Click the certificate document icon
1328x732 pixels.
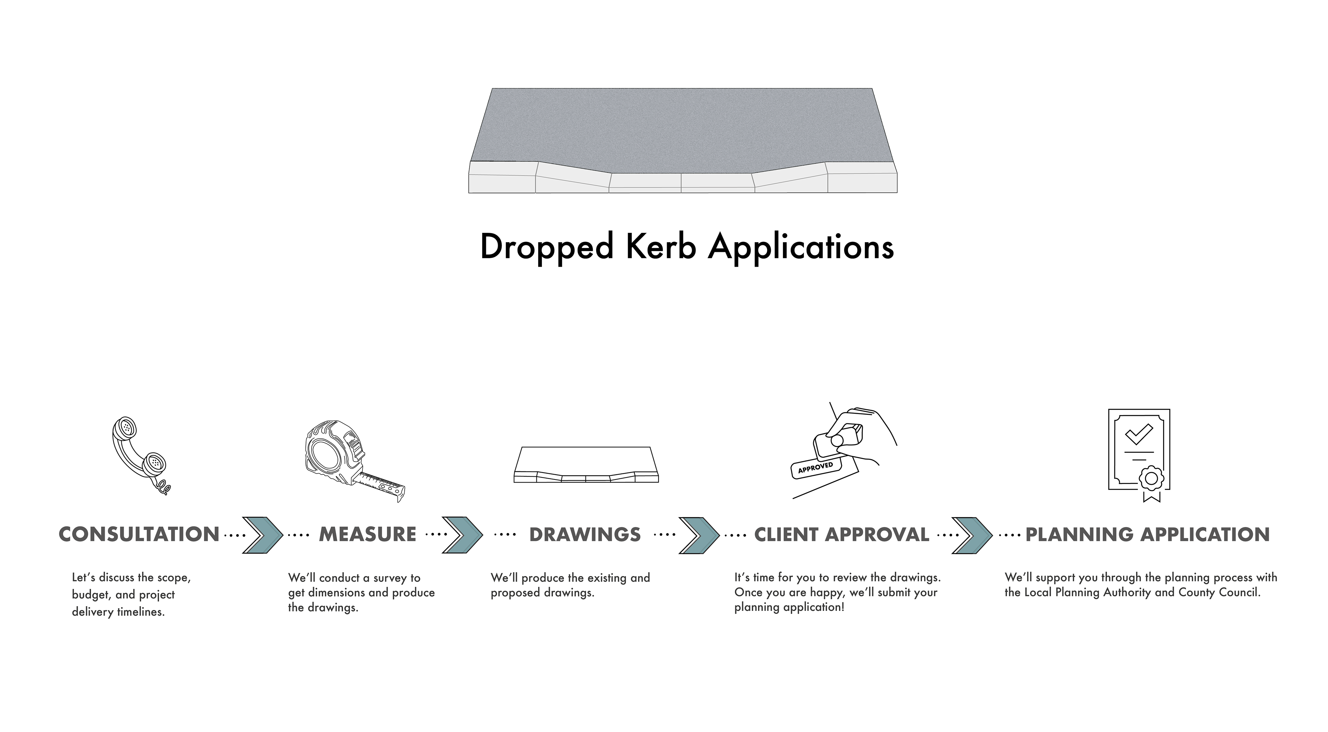(x=1139, y=454)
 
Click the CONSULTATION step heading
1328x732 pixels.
(x=139, y=534)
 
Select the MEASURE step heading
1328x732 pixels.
(x=368, y=534)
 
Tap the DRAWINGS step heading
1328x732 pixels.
(x=585, y=534)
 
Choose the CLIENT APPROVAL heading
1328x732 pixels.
(x=841, y=534)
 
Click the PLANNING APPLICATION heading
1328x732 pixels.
(x=1147, y=534)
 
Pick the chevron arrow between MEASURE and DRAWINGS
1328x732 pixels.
(x=462, y=535)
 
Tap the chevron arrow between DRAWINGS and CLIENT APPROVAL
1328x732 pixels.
(x=699, y=535)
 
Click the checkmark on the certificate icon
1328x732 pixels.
(x=1138, y=434)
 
